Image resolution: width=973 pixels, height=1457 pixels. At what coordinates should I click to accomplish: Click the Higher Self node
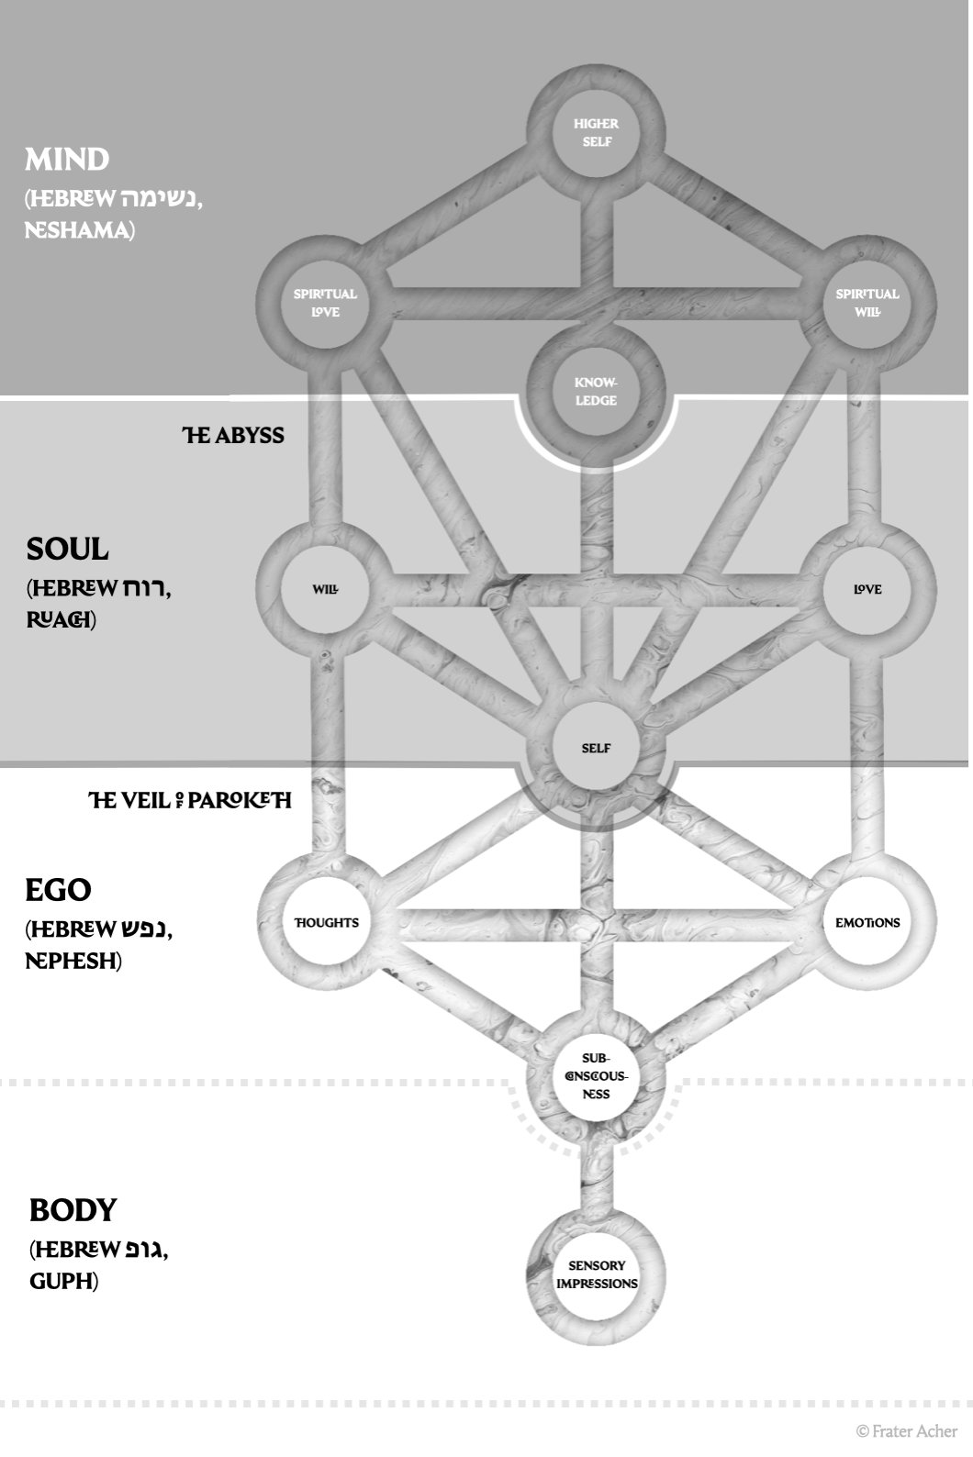[596, 132]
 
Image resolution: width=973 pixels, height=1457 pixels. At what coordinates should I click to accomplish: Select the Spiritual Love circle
[325, 303]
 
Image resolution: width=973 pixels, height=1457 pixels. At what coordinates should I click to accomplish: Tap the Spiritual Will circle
[867, 303]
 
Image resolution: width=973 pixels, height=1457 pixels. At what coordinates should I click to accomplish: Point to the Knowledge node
[596, 392]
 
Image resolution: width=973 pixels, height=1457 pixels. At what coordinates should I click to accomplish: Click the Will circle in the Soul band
[325, 589]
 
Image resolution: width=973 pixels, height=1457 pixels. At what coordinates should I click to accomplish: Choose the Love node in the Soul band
[867, 589]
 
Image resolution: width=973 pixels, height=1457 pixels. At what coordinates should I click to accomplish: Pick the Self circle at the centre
[596, 748]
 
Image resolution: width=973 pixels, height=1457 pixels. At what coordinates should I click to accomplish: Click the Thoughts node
[326, 922]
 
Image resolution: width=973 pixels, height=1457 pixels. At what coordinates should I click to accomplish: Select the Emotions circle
[867, 922]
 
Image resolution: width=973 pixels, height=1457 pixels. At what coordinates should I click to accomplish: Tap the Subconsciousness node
[596, 1075]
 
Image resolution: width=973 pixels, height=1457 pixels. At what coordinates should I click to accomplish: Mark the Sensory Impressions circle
[597, 1274]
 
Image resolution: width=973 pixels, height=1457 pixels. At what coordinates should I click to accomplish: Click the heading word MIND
[67, 160]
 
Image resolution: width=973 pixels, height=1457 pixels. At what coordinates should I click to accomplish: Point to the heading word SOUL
[67, 550]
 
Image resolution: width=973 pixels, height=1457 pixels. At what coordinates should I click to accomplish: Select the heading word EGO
[58, 890]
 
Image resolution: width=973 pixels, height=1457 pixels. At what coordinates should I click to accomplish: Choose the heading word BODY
[73, 1210]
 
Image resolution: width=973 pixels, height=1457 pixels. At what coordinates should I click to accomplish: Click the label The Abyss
[233, 435]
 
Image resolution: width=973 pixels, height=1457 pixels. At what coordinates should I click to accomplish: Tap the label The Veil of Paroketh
[190, 800]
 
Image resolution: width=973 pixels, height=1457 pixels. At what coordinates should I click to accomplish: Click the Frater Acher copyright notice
[906, 1430]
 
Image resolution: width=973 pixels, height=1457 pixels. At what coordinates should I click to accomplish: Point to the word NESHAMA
[77, 229]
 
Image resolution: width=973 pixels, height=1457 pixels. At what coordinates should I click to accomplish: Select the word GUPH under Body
[62, 1281]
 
